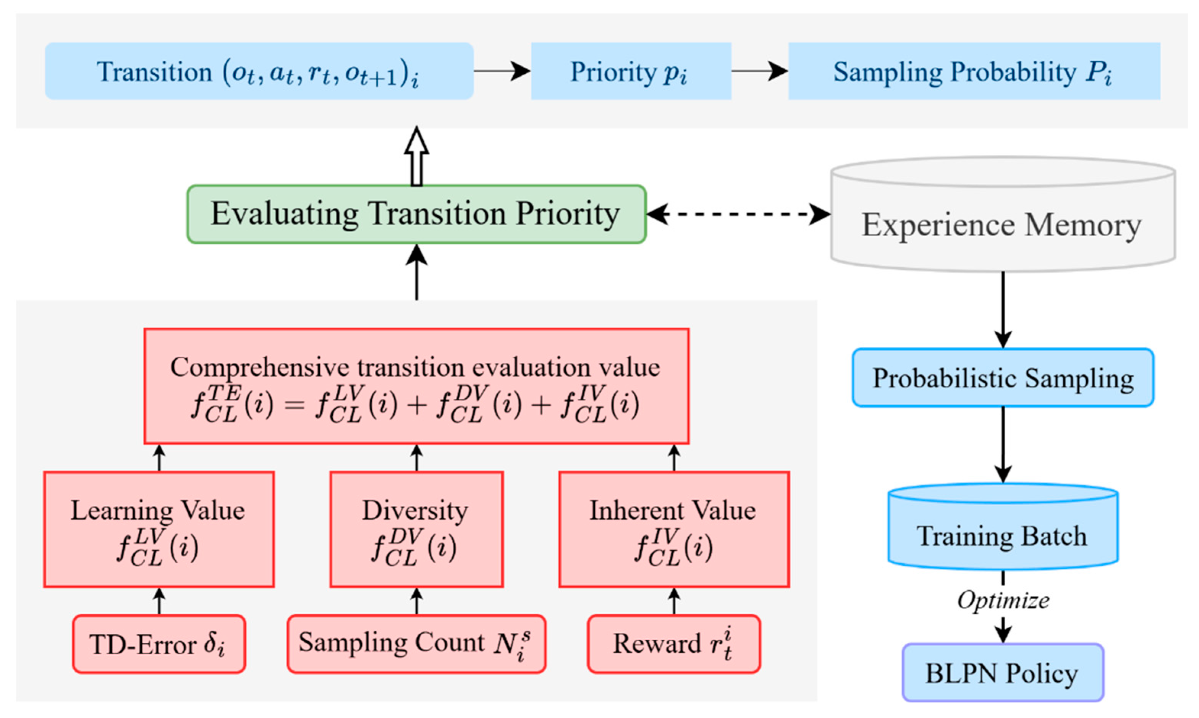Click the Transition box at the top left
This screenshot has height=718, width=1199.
pos(259,71)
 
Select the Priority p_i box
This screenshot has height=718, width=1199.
pos(631,71)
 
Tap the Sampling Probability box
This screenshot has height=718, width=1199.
pos(974,71)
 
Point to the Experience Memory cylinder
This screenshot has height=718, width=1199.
pos(1003,214)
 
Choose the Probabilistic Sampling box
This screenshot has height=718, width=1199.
pos(1003,377)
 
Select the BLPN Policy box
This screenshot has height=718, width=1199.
pos(1003,673)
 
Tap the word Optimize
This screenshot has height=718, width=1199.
pos(1003,600)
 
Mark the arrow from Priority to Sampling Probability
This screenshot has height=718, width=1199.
pos(760,71)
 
